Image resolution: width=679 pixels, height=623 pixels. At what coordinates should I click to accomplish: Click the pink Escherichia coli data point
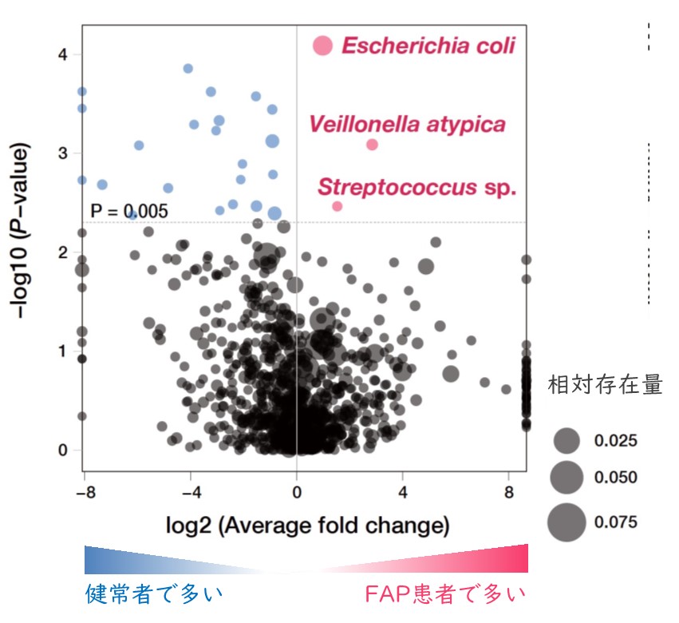pyautogui.click(x=322, y=46)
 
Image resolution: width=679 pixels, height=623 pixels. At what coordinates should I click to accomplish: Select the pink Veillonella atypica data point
pyautogui.click(x=372, y=145)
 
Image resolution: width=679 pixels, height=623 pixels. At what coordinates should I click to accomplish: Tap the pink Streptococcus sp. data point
pyautogui.click(x=337, y=206)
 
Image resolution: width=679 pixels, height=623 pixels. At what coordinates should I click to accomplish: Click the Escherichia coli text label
pyautogui.click(x=428, y=46)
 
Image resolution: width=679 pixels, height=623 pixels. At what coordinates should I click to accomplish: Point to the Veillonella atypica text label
pyautogui.click(x=407, y=125)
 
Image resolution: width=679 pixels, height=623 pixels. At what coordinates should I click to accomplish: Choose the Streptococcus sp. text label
pyautogui.click(x=417, y=188)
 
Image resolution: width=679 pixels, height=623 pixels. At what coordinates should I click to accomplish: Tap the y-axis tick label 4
pyautogui.click(x=71, y=54)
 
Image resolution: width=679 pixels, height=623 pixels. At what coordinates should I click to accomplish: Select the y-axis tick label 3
pyautogui.click(x=71, y=153)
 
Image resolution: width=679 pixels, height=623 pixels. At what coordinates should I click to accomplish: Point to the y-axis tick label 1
pyautogui.click(x=71, y=351)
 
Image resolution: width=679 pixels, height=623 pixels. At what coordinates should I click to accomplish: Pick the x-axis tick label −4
pyautogui.click(x=189, y=494)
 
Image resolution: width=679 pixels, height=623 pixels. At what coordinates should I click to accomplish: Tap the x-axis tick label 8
pyautogui.click(x=507, y=494)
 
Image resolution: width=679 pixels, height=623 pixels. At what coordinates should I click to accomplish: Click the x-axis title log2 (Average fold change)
pyautogui.click(x=306, y=526)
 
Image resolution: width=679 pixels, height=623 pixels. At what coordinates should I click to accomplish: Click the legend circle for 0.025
pyautogui.click(x=566, y=440)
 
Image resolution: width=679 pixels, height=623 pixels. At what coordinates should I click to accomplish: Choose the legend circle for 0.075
pyautogui.click(x=566, y=523)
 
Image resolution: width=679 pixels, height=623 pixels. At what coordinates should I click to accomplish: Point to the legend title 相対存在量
pyautogui.click(x=605, y=386)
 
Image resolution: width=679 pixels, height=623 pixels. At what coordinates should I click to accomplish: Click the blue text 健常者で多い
pyautogui.click(x=153, y=594)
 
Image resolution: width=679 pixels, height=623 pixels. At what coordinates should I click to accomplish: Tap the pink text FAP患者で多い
pyautogui.click(x=445, y=594)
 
